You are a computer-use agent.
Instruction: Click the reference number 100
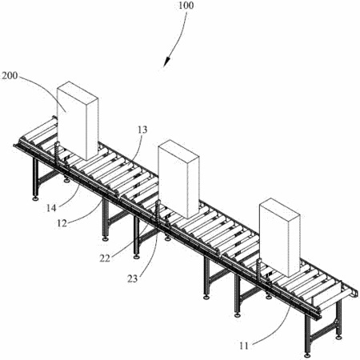point(186,6)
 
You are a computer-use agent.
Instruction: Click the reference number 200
point(10,76)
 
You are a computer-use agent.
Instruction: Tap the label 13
point(142,130)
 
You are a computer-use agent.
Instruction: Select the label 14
point(51,208)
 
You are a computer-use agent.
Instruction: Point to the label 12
point(62,223)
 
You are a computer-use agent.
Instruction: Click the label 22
point(105,258)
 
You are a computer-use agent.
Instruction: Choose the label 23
point(132,278)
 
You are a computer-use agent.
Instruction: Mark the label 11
point(244,346)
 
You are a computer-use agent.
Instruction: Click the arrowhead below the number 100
point(166,62)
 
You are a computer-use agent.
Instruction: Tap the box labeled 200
point(78,121)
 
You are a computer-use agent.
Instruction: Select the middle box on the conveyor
point(178,178)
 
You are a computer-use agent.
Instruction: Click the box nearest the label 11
point(280,238)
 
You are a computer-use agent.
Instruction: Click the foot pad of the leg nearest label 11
point(307,355)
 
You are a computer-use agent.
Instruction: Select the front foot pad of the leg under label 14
point(34,199)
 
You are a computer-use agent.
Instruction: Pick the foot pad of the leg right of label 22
point(137,257)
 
